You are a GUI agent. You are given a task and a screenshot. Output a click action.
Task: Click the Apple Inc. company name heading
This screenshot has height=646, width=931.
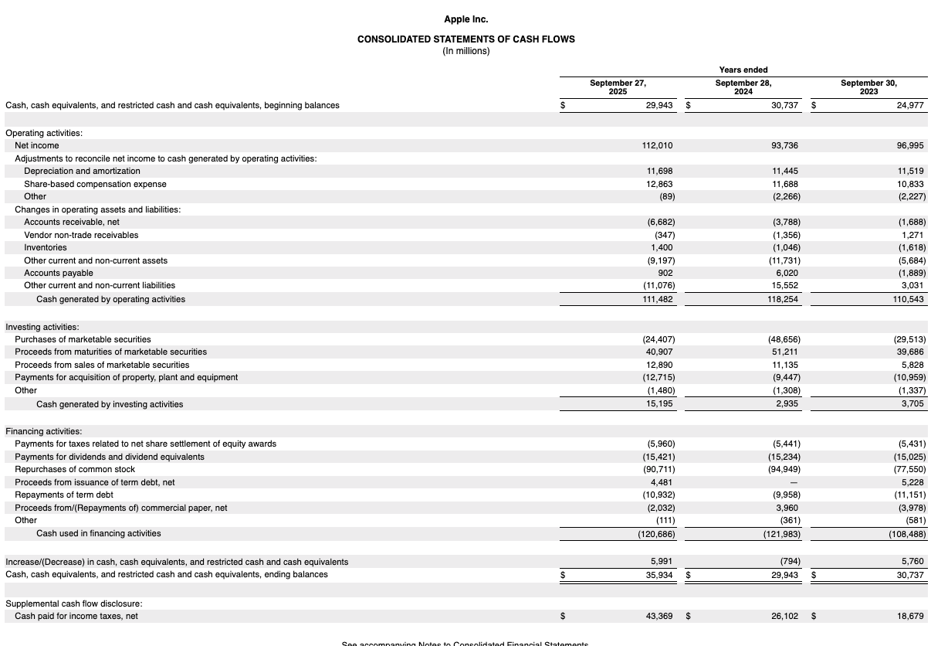(x=465, y=19)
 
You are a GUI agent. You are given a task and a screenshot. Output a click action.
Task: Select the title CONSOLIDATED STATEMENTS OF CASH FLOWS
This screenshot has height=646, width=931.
(x=465, y=39)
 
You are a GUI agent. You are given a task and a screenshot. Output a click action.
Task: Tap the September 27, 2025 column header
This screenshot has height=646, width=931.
(x=618, y=87)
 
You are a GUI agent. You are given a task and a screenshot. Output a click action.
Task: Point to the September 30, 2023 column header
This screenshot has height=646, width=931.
(x=868, y=87)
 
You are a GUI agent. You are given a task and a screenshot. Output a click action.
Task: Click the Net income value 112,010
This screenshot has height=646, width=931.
(x=658, y=145)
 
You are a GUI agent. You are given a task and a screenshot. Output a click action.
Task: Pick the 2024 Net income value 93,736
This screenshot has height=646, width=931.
(x=785, y=145)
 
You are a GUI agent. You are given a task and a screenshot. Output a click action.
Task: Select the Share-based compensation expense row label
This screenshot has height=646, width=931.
(x=95, y=184)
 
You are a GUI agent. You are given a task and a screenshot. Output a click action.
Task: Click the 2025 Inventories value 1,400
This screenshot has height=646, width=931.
(x=663, y=247)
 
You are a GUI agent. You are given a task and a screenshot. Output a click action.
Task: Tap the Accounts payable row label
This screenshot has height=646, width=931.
(x=59, y=273)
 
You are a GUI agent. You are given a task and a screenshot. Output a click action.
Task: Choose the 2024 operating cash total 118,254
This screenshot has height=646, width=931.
(x=783, y=299)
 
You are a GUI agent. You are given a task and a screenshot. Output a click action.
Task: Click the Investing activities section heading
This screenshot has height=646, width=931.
(x=42, y=327)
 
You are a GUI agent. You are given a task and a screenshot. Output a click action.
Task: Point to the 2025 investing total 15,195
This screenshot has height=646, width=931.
(x=660, y=404)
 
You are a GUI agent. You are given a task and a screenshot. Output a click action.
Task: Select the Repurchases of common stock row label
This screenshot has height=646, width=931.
(x=75, y=469)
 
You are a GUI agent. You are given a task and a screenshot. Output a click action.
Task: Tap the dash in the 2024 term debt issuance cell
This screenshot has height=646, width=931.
(x=796, y=482)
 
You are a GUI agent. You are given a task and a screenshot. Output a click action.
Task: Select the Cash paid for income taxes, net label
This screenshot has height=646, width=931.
(x=76, y=616)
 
